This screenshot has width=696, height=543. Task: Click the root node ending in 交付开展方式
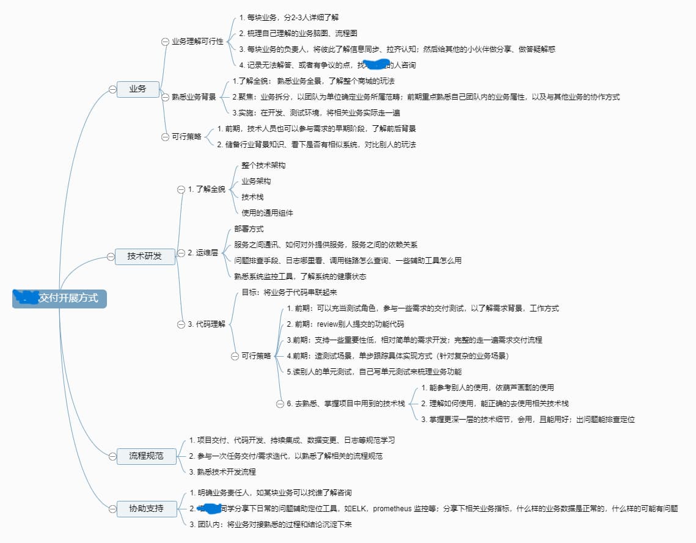(x=59, y=298)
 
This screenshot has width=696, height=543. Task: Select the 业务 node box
(x=137, y=89)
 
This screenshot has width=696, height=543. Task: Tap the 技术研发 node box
(x=145, y=257)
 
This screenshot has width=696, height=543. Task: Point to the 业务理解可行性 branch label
(x=197, y=42)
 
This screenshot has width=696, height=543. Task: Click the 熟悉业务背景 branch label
(x=194, y=97)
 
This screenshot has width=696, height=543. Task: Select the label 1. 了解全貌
(x=207, y=189)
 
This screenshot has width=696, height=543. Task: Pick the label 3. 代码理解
(x=207, y=324)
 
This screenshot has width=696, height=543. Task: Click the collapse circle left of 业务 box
(x=112, y=89)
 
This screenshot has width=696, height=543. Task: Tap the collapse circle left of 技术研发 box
(x=111, y=257)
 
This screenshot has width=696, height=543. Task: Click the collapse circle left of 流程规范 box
(x=111, y=456)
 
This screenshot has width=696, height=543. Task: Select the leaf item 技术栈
(x=252, y=197)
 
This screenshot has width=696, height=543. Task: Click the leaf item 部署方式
(x=249, y=229)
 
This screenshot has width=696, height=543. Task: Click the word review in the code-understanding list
(x=328, y=324)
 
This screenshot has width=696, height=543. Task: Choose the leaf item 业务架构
(x=256, y=181)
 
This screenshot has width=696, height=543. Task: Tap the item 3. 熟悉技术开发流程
(x=222, y=472)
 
